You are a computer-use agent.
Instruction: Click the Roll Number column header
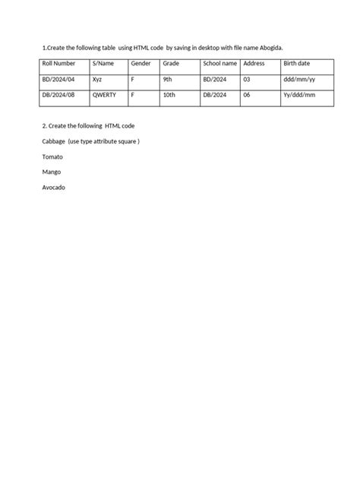(58, 64)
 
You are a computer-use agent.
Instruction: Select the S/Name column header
(103, 64)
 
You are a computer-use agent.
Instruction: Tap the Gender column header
(141, 64)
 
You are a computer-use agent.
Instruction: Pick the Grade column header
(171, 64)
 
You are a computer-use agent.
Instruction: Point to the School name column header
(220, 64)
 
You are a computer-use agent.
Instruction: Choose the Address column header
(254, 64)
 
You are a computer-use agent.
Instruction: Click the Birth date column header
(296, 64)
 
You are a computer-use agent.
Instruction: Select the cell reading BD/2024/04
(60, 79)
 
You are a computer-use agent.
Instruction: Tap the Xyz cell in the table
(97, 79)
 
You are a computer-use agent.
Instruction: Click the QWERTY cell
(105, 96)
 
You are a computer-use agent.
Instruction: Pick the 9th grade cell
(168, 79)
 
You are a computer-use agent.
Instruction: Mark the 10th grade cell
(169, 96)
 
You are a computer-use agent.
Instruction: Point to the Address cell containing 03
(247, 79)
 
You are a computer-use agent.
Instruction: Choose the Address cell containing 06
(247, 96)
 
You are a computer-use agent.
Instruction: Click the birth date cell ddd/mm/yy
(298, 79)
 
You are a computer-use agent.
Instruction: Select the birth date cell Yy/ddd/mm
(298, 96)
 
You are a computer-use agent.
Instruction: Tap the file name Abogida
(270, 47)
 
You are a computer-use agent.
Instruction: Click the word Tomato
(53, 156)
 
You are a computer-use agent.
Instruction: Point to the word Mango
(52, 172)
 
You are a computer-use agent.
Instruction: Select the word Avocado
(54, 187)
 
